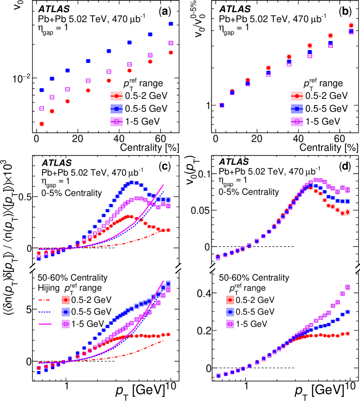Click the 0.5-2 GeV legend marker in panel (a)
tap(117, 96)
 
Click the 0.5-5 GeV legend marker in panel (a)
tap(117, 108)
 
